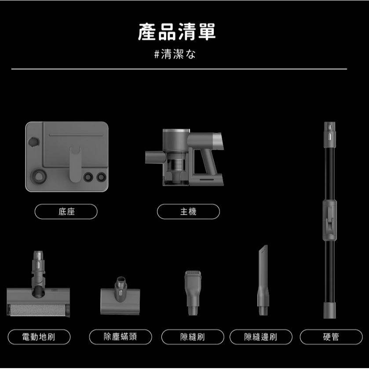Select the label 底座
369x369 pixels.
66,212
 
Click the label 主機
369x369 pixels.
188,212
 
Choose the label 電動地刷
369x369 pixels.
39,337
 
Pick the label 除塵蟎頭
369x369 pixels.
120,337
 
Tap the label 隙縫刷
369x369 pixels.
193,337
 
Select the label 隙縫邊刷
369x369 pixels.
260,337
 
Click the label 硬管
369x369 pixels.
331,337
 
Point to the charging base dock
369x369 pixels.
66,157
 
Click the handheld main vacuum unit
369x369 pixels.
185,156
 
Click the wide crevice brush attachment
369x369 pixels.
193,292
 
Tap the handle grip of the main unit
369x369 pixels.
208,162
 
